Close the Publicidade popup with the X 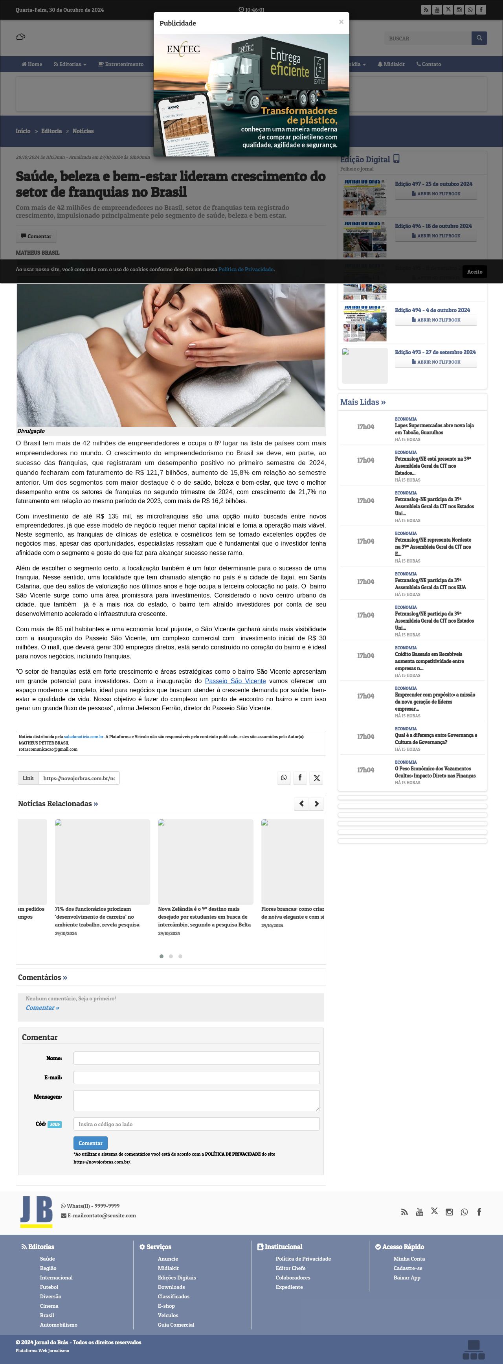point(341,22)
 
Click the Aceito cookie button point(474,272)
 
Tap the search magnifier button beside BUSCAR point(479,38)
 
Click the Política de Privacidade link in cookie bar point(246,270)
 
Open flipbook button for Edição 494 point(436,320)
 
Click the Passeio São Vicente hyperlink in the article point(235,681)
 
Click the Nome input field point(196,1058)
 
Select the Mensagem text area point(196,1100)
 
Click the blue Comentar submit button point(90,1143)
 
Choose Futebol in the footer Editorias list point(49,1287)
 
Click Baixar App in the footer point(407,1278)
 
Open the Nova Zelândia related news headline point(204,917)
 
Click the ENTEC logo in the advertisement point(183,49)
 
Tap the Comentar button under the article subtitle point(36,236)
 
